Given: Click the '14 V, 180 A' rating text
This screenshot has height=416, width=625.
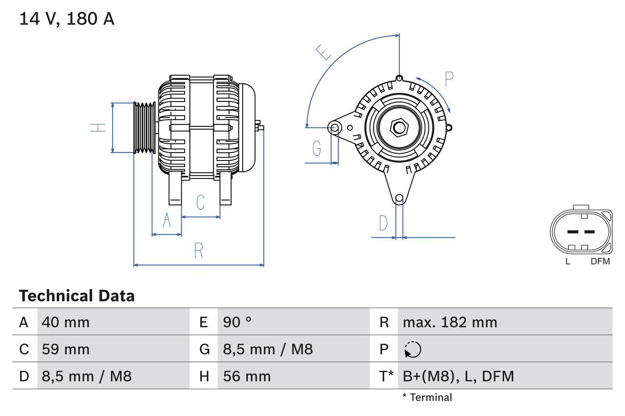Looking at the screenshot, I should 67,19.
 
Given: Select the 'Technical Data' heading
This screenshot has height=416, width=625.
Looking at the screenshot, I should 77,296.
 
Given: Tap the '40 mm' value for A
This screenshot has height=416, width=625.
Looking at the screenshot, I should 66,322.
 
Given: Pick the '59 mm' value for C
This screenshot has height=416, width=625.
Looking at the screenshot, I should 66,349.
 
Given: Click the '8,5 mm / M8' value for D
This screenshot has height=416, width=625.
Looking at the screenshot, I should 87,376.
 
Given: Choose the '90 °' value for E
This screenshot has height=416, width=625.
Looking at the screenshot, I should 237,322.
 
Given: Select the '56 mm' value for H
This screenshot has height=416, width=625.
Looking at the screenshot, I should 247,376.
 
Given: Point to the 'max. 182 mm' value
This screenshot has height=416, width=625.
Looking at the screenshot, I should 450,322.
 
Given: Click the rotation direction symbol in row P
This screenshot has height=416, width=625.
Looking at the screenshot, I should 413,350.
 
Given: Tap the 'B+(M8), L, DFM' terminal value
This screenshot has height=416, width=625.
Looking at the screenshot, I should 458,376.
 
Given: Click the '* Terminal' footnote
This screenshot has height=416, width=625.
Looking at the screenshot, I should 427,397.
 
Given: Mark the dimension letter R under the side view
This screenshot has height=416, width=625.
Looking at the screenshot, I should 198,251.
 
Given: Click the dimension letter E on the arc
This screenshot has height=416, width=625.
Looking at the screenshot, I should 323,52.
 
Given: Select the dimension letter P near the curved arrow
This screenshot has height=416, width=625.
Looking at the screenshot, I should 449,79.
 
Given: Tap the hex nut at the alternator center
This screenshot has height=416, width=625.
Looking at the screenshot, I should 399,128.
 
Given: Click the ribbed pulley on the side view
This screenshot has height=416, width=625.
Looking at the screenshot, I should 145,128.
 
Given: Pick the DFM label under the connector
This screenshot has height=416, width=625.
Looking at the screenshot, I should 600,261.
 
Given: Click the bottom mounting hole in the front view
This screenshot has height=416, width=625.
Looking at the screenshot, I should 399,198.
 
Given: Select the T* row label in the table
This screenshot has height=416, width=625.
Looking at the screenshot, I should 386,376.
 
